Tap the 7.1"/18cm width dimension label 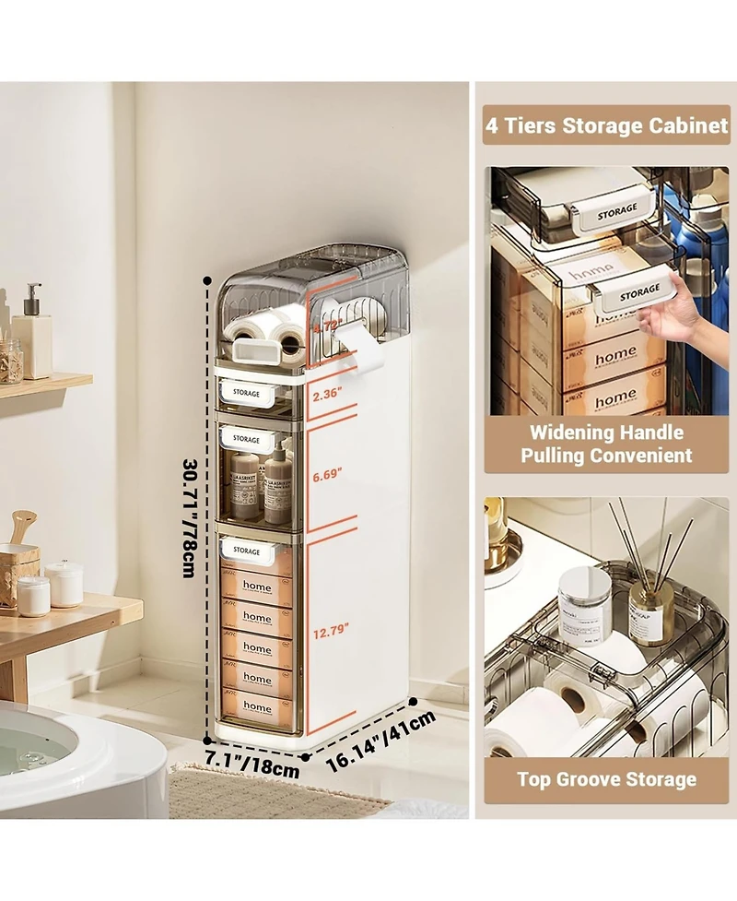click(252, 763)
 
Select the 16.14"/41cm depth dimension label click(380, 740)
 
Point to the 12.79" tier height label click(331, 631)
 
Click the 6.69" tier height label click(327, 474)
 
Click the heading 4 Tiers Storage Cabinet click(606, 125)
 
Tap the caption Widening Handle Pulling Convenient click(606, 444)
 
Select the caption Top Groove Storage click(606, 779)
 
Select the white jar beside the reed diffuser click(584, 603)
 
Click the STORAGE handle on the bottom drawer click(247, 551)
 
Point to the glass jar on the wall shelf click(10, 361)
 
